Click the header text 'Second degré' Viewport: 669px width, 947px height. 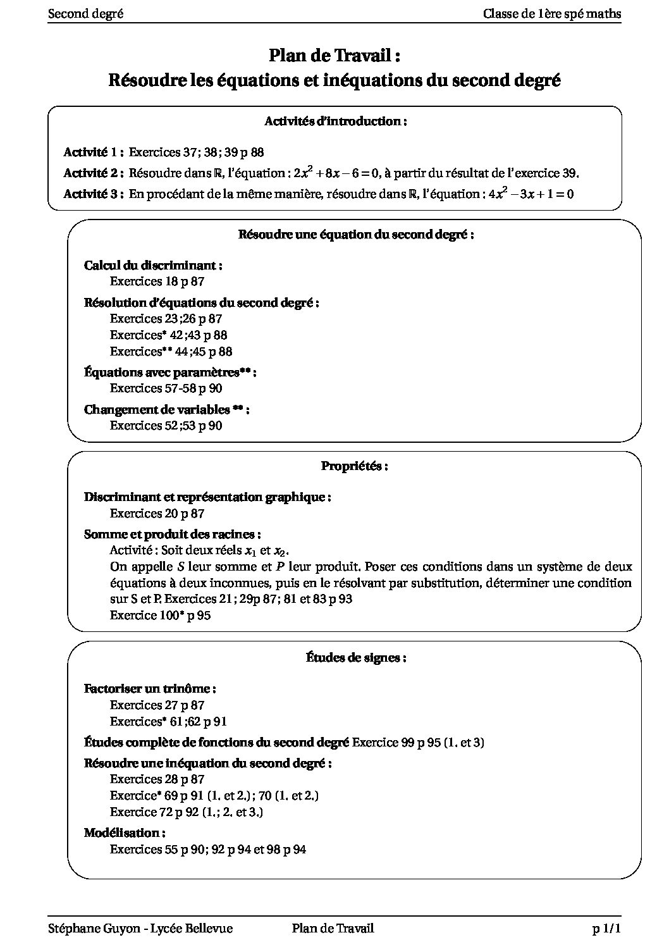coord(85,14)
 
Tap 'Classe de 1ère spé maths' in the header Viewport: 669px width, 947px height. coord(551,14)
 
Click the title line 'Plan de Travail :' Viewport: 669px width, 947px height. coord(334,56)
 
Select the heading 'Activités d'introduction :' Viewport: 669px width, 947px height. coord(334,121)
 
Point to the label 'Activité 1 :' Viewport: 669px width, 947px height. coord(93,152)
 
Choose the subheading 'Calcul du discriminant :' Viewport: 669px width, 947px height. coord(153,266)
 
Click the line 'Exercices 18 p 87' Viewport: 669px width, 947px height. coord(157,282)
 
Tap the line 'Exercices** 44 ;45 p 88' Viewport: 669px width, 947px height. coord(171,352)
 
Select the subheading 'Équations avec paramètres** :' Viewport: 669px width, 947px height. coord(170,373)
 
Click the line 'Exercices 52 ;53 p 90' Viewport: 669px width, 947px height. coord(166,426)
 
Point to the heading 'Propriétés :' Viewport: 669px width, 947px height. coord(354,466)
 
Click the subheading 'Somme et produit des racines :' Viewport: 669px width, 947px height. coord(173,535)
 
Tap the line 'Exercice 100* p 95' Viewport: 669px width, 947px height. coord(160,615)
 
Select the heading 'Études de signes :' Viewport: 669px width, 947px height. coord(355,658)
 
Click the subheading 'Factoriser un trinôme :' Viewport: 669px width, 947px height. coord(150,689)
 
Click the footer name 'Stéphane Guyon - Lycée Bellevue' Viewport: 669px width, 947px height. coord(140,929)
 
